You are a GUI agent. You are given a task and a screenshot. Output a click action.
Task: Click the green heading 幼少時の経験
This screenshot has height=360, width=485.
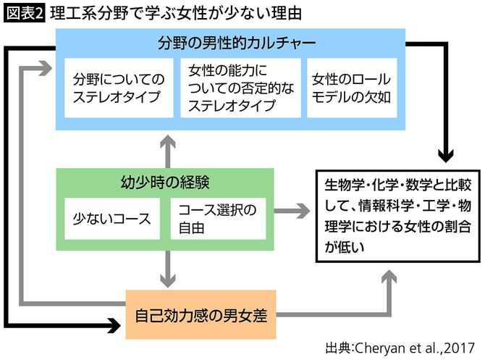165,181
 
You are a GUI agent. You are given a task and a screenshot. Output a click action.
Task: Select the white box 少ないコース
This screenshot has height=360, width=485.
111,218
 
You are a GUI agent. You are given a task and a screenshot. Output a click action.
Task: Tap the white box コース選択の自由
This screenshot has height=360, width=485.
218,218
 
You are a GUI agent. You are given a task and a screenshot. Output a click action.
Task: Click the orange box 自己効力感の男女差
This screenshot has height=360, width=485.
201,315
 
